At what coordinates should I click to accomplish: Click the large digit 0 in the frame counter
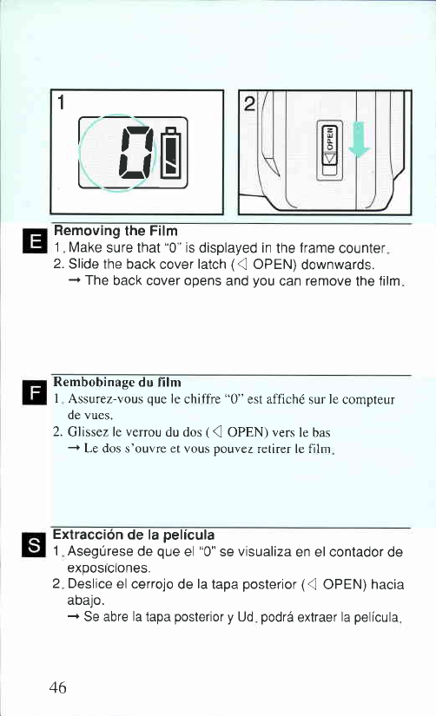(136, 153)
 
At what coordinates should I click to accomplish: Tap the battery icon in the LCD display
(172, 153)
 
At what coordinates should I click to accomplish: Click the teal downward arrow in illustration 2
(360, 139)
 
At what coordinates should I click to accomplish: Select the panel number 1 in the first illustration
(60, 103)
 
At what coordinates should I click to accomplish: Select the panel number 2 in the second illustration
(249, 104)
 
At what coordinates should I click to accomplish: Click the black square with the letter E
(34, 240)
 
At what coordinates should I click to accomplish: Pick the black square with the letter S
(34, 545)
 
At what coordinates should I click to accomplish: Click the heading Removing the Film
(116, 231)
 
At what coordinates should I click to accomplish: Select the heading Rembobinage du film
(117, 382)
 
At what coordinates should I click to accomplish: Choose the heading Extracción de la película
(134, 535)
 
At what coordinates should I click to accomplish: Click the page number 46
(57, 687)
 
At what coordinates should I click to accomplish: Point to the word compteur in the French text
(368, 400)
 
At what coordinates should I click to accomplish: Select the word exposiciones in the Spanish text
(109, 568)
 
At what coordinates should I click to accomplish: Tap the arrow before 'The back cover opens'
(75, 281)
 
